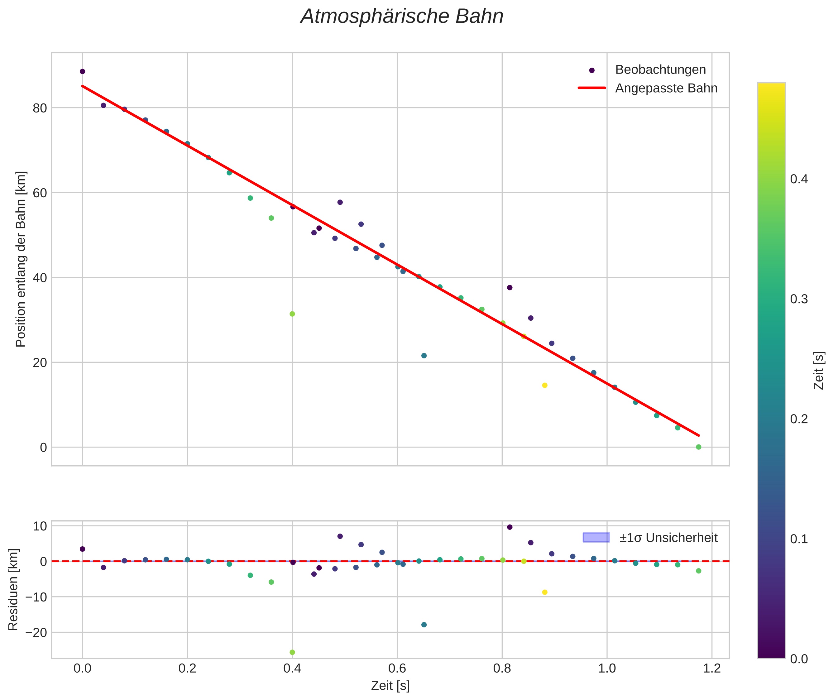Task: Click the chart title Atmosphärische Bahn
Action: click(402, 17)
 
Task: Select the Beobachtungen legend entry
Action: click(660, 70)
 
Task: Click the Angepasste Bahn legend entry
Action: click(666, 88)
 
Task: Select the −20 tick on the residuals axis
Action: click(36, 633)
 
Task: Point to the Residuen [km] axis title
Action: click(13, 589)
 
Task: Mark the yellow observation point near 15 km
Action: click(545, 385)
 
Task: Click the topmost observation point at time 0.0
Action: click(83, 71)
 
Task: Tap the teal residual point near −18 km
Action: click(424, 625)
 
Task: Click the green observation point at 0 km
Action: click(698, 447)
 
